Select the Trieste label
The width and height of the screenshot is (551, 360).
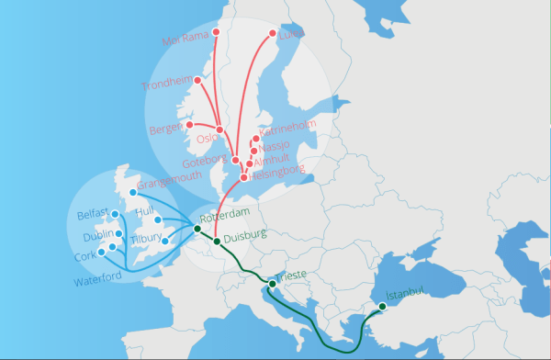(x=291, y=276)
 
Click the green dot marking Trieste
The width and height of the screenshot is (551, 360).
(x=272, y=284)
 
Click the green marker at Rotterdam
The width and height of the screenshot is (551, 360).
(x=197, y=229)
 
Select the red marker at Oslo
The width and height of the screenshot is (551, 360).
(x=219, y=129)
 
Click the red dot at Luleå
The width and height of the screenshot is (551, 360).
(x=273, y=35)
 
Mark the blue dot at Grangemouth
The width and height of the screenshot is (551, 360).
(x=133, y=193)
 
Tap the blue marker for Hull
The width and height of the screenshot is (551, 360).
(x=158, y=220)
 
